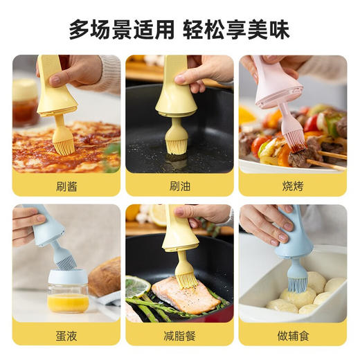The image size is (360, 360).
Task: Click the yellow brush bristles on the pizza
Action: (64, 142)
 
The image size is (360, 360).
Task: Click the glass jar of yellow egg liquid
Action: (68, 292)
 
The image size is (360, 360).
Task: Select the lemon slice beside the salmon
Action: (138, 285)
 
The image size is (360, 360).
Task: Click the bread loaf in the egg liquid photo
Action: (106, 277)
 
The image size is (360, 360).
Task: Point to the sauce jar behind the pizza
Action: (26, 100)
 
